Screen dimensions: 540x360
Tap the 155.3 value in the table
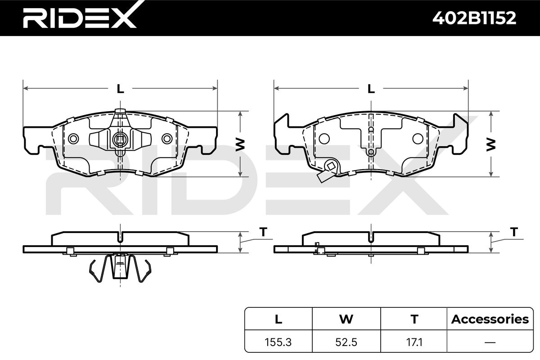point(278,342)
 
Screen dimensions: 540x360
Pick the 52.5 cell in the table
point(346,342)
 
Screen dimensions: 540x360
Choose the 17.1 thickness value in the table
point(414,342)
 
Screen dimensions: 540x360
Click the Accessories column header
point(490,319)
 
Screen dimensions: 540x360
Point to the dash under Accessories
point(490,342)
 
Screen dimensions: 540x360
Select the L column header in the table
point(279,319)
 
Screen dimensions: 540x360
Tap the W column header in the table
point(346,319)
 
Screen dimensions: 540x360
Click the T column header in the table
point(414,319)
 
